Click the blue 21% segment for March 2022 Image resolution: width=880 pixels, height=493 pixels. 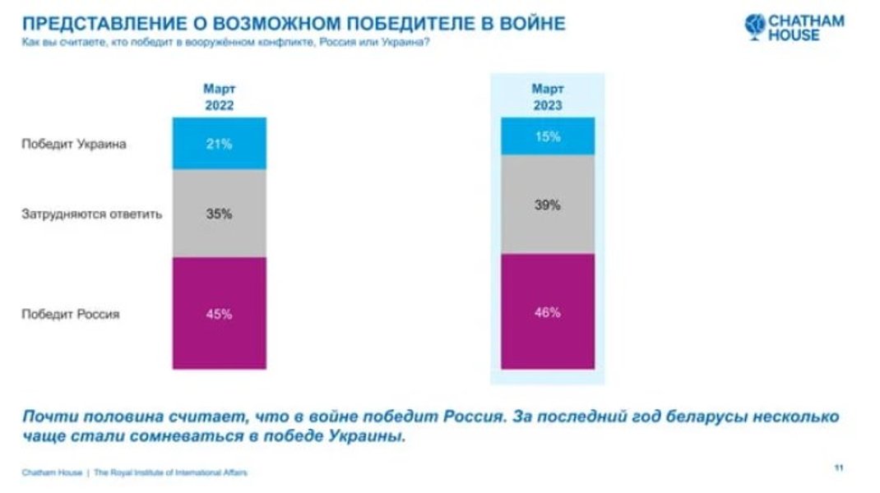pos(219,144)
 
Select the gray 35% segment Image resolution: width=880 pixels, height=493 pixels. pos(219,214)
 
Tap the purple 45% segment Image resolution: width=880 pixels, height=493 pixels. pos(219,314)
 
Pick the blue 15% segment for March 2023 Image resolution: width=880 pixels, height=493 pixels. pos(547,136)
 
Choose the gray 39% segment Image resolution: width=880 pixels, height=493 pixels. pos(547,205)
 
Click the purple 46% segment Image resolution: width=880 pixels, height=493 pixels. pos(547,312)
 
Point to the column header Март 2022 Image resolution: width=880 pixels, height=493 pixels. pos(219,97)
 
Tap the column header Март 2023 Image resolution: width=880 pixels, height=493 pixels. pos(547,97)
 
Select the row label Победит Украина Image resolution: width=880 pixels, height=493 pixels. pos(74,144)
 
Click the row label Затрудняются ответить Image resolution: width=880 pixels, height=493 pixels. pos(91,214)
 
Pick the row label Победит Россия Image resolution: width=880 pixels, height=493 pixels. pos(71,314)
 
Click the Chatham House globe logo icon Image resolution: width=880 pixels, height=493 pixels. pos(754,25)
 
